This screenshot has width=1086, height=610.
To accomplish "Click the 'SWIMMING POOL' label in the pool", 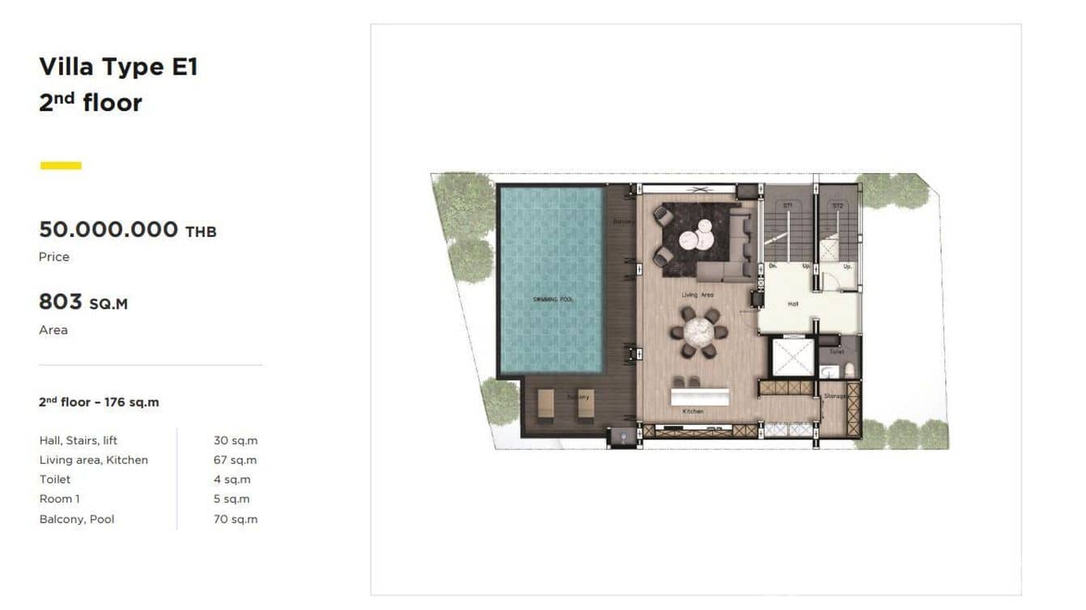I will (x=553, y=299).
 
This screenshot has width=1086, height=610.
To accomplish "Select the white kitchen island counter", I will (x=699, y=396).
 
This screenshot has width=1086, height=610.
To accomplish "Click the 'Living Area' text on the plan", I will (x=697, y=295).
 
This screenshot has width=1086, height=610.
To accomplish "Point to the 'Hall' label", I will (x=793, y=304).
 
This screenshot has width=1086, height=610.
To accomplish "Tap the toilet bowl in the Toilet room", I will (x=849, y=370).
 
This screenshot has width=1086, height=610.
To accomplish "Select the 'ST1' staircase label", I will (x=787, y=206).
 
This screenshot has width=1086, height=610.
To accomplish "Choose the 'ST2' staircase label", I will (x=838, y=206).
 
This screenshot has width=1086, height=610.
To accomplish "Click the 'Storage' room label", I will (x=835, y=396).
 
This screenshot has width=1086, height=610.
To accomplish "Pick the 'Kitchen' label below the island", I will (x=693, y=412).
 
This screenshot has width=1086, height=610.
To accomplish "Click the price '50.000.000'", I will (x=108, y=230).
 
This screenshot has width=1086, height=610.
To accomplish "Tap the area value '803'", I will (x=61, y=303).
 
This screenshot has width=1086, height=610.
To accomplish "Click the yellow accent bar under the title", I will (x=61, y=166).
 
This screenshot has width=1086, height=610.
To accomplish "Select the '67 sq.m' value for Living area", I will (x=235, y=460).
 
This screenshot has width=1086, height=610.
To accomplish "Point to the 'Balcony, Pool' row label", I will (x=77, y=519).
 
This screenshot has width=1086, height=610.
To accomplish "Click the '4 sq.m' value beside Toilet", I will (x=231, y=480).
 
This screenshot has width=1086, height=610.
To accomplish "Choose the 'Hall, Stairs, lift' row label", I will (x=78, y=440).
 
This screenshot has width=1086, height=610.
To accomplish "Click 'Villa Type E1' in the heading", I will (x=118, y=67).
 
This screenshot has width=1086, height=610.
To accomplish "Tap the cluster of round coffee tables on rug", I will (x=694, y=239).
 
